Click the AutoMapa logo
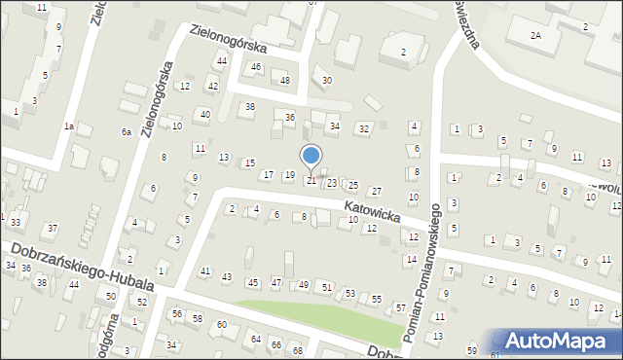(x=559, y=342)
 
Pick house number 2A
(x=535, y=35)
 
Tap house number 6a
(x=126, y=131)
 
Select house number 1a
(x=69, y=126)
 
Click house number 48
(x=285, y=80)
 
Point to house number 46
(x=256, y=67)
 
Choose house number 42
(x=213, y=87)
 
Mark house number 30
(x=327, y=80)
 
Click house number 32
(x=364, y=128)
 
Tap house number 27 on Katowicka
(x=377, y=191)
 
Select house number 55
(x=377, y=299)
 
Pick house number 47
(x=276, y=282)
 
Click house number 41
(x=204, y=270)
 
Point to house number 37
(x=53, y=228)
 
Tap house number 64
(x=256, y=339)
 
